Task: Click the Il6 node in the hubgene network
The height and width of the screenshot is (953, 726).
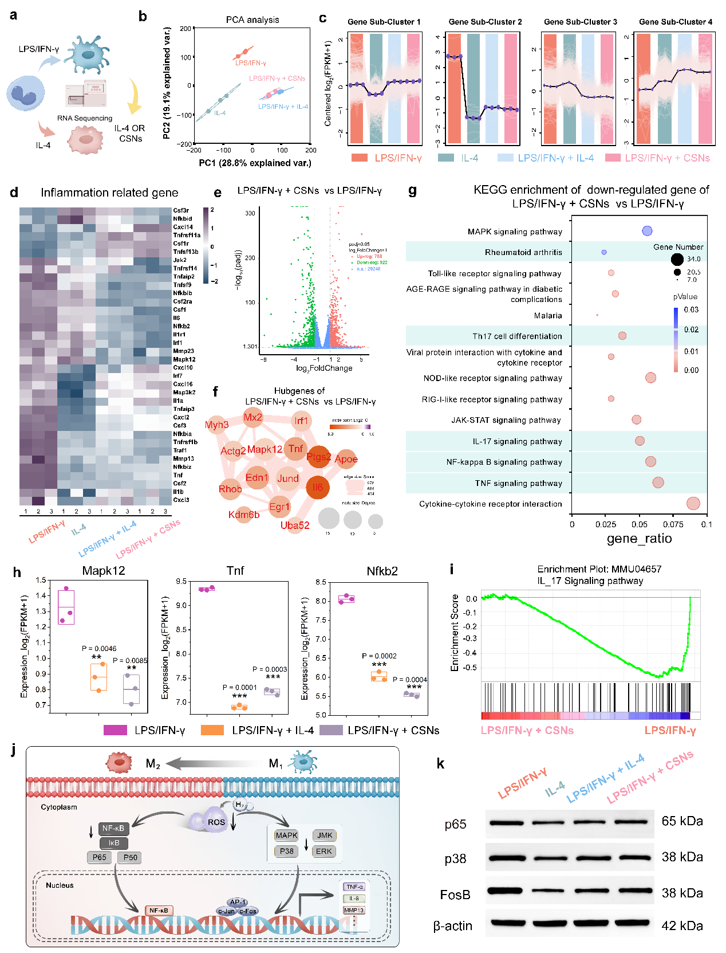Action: point(318,487)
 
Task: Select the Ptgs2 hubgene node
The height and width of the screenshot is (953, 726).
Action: point(318,457)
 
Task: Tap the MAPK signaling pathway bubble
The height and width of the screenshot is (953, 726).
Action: point(647,231)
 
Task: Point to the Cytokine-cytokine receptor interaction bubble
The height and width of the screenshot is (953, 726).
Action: point(693,503)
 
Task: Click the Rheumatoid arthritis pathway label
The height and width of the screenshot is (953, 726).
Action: point(523,252)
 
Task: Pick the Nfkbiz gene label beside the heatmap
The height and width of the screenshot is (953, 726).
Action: point(182,467)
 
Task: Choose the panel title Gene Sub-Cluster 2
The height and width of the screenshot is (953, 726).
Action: point(485,22)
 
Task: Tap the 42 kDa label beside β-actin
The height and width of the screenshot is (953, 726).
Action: point(682,925)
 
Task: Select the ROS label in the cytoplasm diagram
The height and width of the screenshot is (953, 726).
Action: point(216,822)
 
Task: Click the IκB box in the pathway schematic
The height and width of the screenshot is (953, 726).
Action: point(114,843)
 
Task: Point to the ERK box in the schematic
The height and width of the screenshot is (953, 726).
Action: point(324,851)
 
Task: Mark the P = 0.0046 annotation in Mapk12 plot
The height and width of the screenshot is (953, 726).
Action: point(99,649)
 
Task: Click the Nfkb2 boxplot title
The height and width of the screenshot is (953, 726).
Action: point(382,571)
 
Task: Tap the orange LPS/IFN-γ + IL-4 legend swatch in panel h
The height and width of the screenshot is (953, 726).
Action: point(212,730)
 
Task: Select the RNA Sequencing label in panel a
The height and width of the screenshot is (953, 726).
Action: point(85,118)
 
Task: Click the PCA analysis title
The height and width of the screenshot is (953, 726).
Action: point(252,19)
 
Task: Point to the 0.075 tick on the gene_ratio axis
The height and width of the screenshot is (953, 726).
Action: point(673,524)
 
